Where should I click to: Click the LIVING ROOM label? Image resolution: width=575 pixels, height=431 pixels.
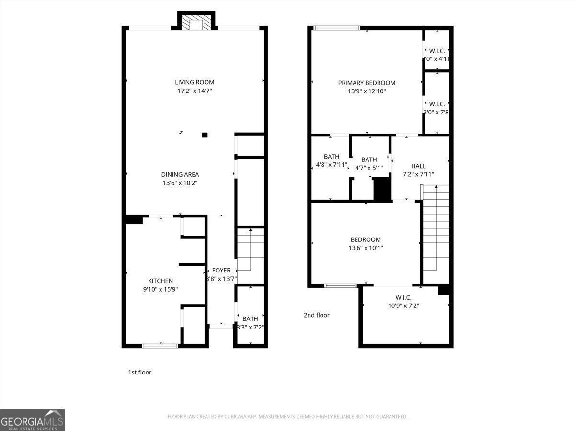coord(195,82)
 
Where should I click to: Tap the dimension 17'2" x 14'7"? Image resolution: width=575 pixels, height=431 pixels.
coord(195,91)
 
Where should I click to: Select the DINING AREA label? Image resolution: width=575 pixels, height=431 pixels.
coord(180,175)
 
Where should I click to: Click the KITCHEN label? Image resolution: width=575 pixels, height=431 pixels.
coord(161,281)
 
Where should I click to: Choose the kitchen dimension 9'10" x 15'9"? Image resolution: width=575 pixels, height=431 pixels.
coord(161,289)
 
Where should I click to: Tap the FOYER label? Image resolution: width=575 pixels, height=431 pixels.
coord(221,271)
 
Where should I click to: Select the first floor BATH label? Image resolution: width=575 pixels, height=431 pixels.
coord(250,319)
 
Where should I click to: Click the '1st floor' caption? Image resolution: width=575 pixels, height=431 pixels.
coord(140,372)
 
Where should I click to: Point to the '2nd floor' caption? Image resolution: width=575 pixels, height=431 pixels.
coord(317,315)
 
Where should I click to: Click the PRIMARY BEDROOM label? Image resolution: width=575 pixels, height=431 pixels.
coord(367,83)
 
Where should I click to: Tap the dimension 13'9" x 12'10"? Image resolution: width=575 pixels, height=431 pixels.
coord(367,91)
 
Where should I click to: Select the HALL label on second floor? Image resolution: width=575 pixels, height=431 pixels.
coord(418,166)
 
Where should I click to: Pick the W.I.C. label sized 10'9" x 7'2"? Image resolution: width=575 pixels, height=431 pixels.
coord(403,297)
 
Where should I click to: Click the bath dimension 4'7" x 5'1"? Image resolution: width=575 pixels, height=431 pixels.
coord(369,168)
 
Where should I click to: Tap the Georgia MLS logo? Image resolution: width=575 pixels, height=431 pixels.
coord(32,420)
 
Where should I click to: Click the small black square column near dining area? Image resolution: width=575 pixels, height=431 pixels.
coord(205,135)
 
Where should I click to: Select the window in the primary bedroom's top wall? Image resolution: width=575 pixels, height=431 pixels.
coord(336,28)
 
